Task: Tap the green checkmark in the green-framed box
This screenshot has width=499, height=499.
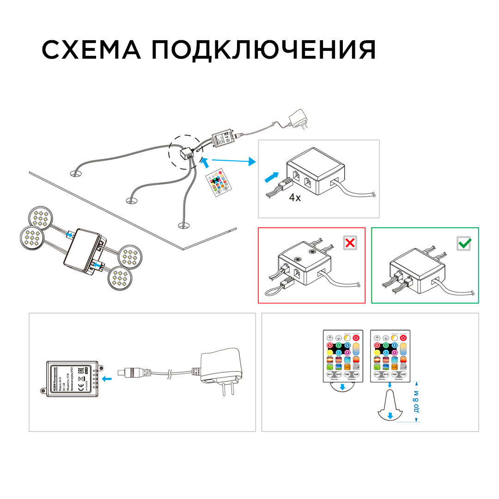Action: pos(463,243)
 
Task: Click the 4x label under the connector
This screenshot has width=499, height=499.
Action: pos(295,198)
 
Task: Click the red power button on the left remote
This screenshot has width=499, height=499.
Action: pos(356,338)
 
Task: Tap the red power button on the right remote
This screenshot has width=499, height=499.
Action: pos(404,338)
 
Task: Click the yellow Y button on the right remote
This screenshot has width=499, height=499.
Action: pos(378,353)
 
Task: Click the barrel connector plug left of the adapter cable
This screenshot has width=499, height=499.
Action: pos(134,371)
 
